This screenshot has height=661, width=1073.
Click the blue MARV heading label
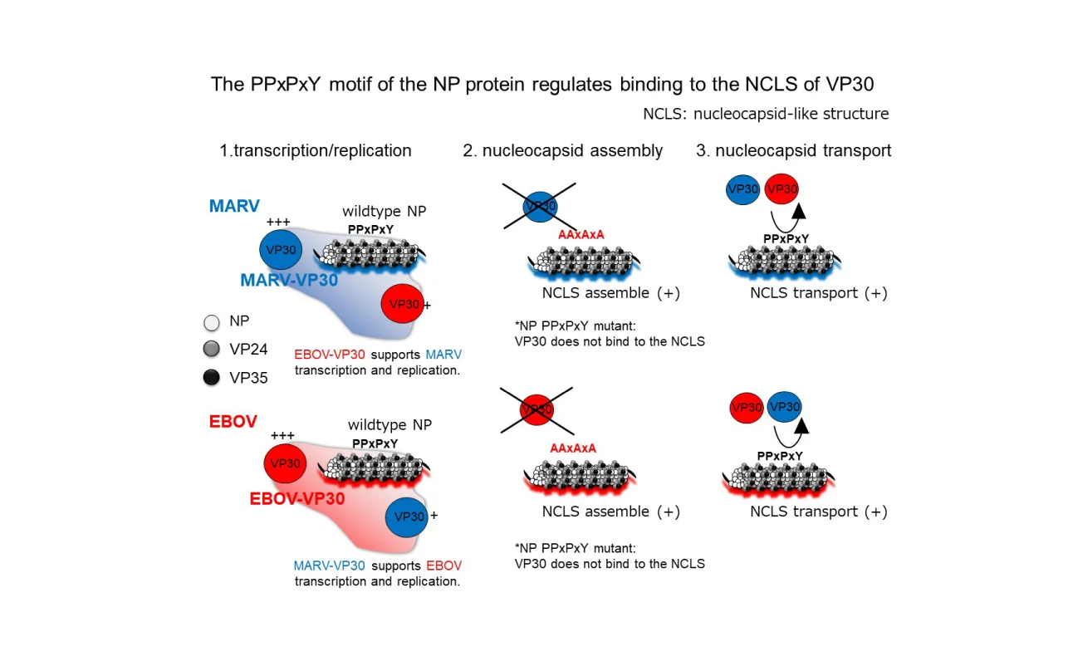[235, 205]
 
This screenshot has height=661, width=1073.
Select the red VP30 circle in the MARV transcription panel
[404, 305]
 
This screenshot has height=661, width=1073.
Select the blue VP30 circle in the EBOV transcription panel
[408, 516]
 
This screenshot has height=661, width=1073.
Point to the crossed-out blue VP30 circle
[540, 206]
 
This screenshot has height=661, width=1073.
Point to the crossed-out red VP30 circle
[536, 409]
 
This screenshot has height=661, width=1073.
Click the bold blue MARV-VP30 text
[289, 281]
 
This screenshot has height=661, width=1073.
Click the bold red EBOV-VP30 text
[297, 499]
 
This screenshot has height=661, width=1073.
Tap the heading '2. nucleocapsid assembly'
[562, 150]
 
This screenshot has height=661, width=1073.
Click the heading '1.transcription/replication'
[316, 150]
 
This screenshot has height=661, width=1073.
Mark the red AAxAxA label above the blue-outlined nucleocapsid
[581, 235]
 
